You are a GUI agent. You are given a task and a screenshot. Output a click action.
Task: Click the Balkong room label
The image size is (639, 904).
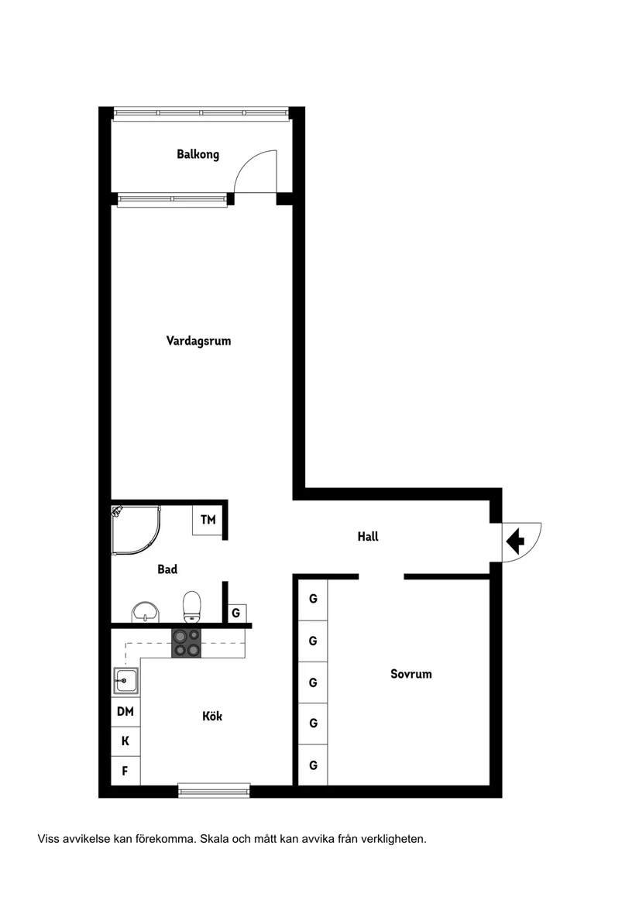point(198,154)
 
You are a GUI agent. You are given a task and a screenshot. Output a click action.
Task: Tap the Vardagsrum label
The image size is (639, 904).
point(198,340)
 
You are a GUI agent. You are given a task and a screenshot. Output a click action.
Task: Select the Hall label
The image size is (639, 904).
point(368,536)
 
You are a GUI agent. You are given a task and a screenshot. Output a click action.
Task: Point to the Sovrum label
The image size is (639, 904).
point(411,674)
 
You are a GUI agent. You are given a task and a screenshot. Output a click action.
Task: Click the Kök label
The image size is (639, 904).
point(212,717)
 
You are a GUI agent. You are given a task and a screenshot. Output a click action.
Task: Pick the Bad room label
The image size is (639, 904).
point(167,569)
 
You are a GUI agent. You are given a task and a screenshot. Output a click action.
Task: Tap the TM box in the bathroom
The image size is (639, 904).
point(208,520)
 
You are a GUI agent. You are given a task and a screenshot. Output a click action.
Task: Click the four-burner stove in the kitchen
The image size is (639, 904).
point(186,643)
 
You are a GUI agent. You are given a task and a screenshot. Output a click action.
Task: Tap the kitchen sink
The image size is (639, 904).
point(125,682)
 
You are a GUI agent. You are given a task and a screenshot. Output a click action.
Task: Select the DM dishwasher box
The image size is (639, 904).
point(125,711)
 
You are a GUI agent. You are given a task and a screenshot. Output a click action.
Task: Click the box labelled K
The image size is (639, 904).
point(125,741)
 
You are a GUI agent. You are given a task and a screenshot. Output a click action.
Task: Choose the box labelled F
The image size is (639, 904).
point(125,771)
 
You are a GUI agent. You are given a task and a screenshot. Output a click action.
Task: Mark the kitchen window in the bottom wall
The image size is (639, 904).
point(214,790)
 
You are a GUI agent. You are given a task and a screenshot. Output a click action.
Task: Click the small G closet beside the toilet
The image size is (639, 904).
point(236,613)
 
